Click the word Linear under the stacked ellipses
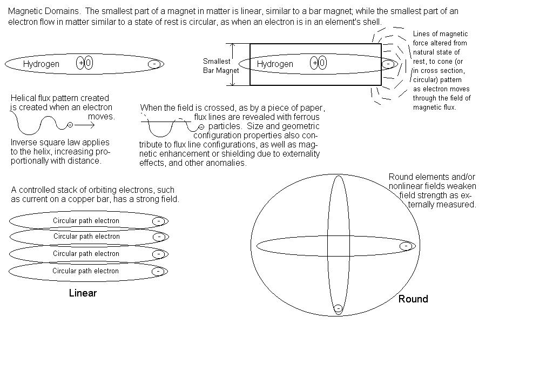coord(83,293)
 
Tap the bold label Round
coord(413,299)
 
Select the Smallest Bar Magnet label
coord(220,66)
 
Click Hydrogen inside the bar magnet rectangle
coord(275,64)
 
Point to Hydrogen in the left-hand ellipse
coord(41,64)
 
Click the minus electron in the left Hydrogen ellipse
coord(155,64)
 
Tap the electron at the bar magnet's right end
coord(388,64)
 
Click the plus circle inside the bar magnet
coord(314,64)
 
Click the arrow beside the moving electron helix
coord(85,125)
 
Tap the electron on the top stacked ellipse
coord(158,221)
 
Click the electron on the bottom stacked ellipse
coord(158,271)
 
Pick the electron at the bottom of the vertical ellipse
coord(338,309)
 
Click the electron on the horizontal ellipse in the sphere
coord(406,246)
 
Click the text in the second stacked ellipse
coord(86,237)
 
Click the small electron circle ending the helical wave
coord(70,125)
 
